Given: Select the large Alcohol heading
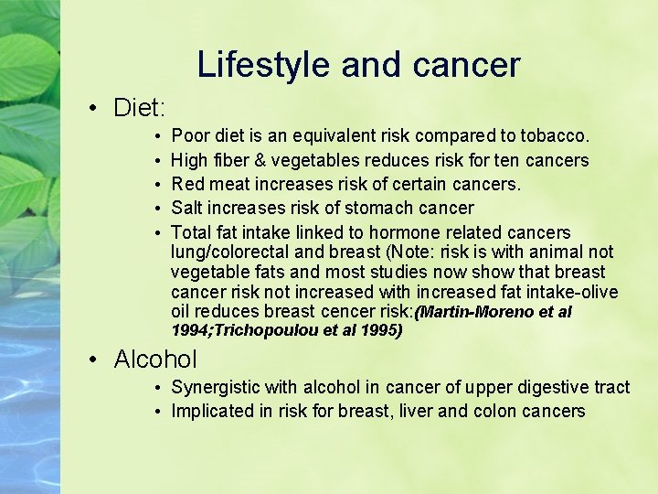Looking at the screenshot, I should [x=155, y=360].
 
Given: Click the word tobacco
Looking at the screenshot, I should [x=556, y=136].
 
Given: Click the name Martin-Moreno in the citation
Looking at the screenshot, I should [x=474, y=313].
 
